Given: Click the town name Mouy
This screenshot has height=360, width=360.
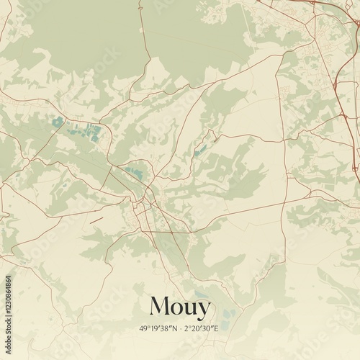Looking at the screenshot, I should (180, 307).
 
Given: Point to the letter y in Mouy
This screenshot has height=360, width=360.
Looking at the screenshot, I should (204, 310).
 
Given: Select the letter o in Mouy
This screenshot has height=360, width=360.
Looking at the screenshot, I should (179, 308).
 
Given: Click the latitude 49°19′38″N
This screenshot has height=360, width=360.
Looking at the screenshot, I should (158, 328).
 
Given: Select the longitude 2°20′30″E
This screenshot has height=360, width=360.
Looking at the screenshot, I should (201, 328).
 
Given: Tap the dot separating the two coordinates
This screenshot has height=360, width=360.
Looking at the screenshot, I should (180, 328).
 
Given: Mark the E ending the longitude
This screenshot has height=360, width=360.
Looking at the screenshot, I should (216, 328).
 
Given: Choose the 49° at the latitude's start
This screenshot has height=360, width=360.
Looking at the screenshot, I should (146, 328).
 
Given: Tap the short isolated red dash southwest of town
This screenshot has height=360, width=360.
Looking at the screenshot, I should (96, 219).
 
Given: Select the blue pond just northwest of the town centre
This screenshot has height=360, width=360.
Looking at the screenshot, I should (133, 171).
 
